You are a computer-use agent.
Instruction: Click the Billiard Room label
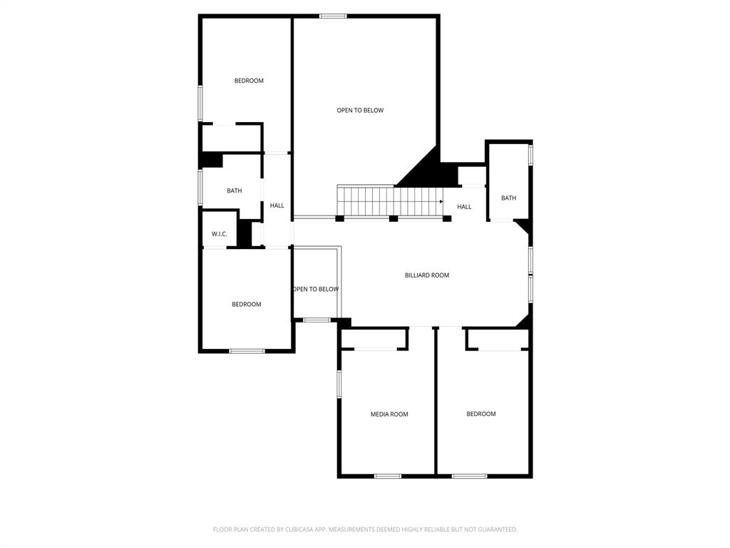point(427,275)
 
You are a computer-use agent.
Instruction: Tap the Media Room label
point(389,414)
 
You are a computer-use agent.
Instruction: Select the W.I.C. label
point(219,234)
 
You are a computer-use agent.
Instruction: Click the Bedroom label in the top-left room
point(249,81)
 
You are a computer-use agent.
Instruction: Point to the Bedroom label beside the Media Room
point(480,414)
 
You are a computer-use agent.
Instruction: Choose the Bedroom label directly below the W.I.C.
point(246,304)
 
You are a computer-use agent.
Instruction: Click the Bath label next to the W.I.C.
point(234,191)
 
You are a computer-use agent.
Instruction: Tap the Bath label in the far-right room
point(508,198)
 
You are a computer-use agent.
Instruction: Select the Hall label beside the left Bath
point(277,205)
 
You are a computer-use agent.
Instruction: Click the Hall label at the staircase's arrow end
point(464,207)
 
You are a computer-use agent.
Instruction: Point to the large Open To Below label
point(360,110)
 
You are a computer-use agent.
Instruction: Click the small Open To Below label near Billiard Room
point(315,289)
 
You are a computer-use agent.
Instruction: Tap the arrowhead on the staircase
point(441,201)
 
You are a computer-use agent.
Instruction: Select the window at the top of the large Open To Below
point(333,16)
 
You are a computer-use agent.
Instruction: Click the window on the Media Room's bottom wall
point(388,476)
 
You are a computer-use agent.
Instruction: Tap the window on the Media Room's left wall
point(339,384)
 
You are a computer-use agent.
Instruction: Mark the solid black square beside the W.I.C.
point(245,234)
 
